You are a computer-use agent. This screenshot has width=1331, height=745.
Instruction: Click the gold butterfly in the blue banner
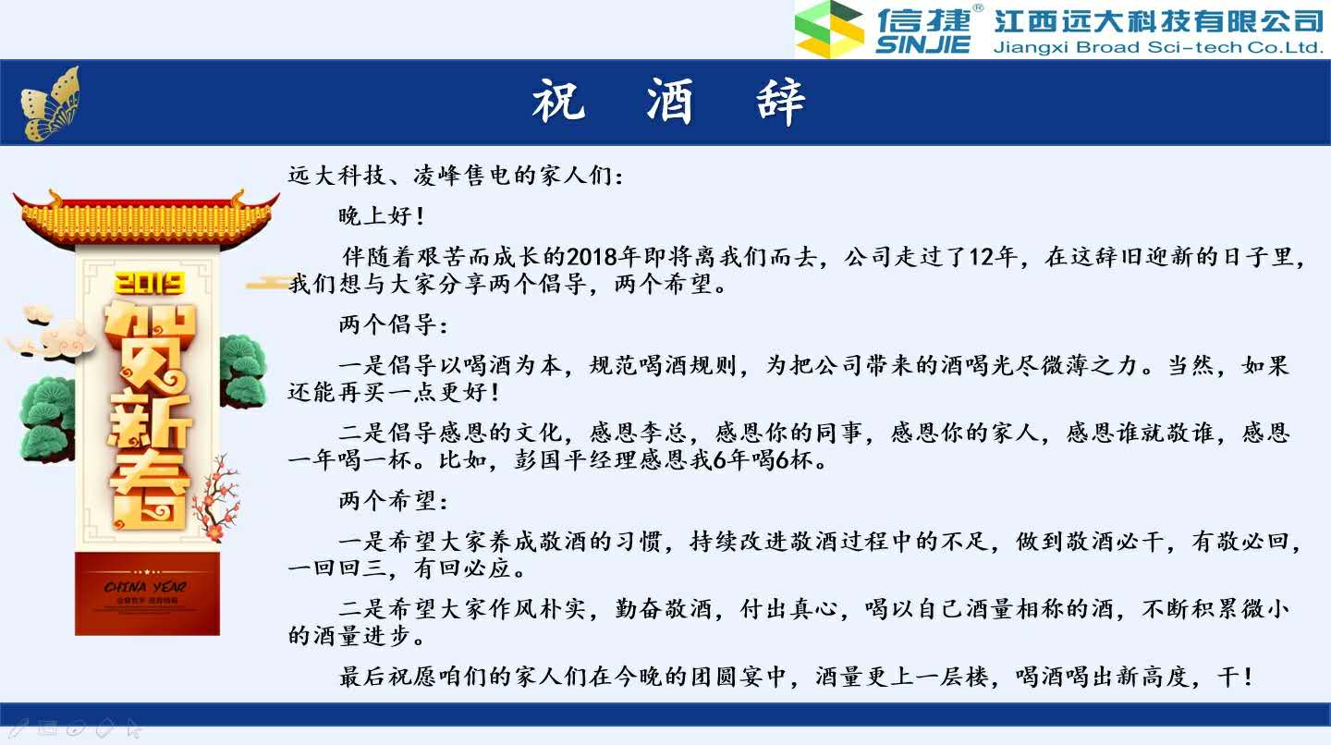pos(51,104)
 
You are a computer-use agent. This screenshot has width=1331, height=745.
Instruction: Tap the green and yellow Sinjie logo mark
pos(829,29)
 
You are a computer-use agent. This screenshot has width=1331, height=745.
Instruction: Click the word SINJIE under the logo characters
pos(922,45)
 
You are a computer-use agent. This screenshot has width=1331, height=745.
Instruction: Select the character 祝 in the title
pos(558,101)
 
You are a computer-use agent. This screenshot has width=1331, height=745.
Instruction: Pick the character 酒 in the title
pos(669,101)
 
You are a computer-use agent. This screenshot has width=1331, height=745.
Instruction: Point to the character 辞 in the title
pos(781,102)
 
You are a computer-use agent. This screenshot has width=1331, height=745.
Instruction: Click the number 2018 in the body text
pos(592,257)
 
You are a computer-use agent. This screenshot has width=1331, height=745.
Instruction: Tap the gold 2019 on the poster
pos(149,283)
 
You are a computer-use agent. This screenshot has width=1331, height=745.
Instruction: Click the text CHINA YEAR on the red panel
pos(145,587)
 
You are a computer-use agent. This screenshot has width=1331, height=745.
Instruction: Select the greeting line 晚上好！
pos(382,216)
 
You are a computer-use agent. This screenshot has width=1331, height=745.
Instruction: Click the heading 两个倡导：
pos(393,325)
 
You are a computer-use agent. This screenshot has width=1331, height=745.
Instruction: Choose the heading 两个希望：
pos(393,501)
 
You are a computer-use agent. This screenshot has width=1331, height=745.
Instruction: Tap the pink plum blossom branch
pos(216,498)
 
